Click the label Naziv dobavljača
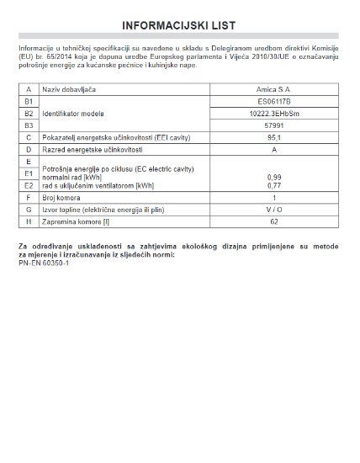68,88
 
